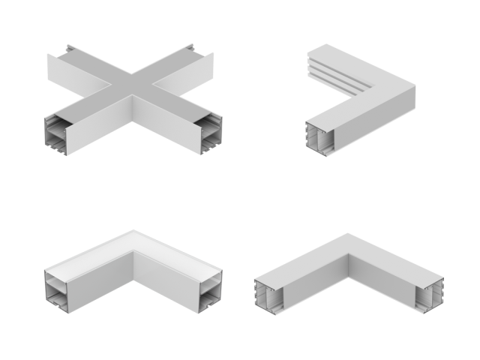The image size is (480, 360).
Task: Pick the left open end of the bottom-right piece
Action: pos(271,292)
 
